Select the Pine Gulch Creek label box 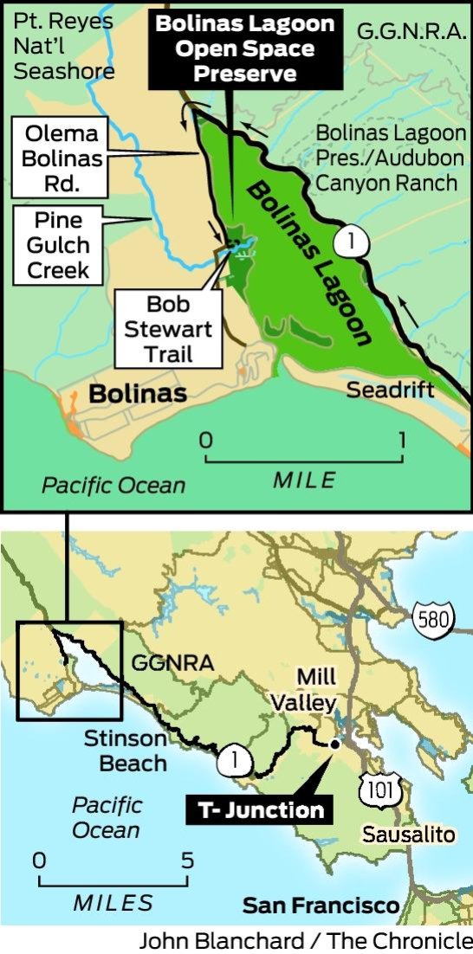57,245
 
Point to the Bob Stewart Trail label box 168,329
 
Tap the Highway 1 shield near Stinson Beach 236,761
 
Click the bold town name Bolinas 138,394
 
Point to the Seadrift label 391,390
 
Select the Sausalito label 409,835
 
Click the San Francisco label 321,906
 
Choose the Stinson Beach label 126,751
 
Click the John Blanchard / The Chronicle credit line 305,941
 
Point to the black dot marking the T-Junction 334,743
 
